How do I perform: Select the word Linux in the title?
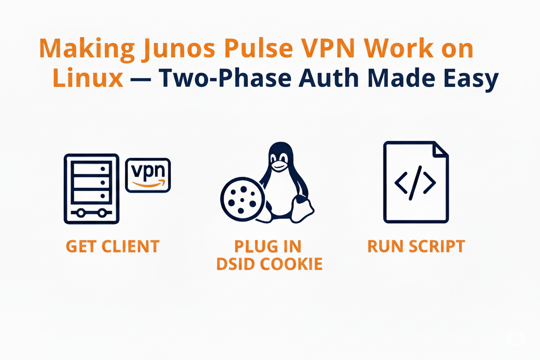click(88, 79)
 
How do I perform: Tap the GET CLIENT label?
click(112, 247)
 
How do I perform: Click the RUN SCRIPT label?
click(416, 247)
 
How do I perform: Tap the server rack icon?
click(91, 189)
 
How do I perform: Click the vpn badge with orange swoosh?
click(148, 175)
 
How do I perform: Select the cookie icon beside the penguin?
click(241, 200)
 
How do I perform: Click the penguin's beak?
click(279, 166)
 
